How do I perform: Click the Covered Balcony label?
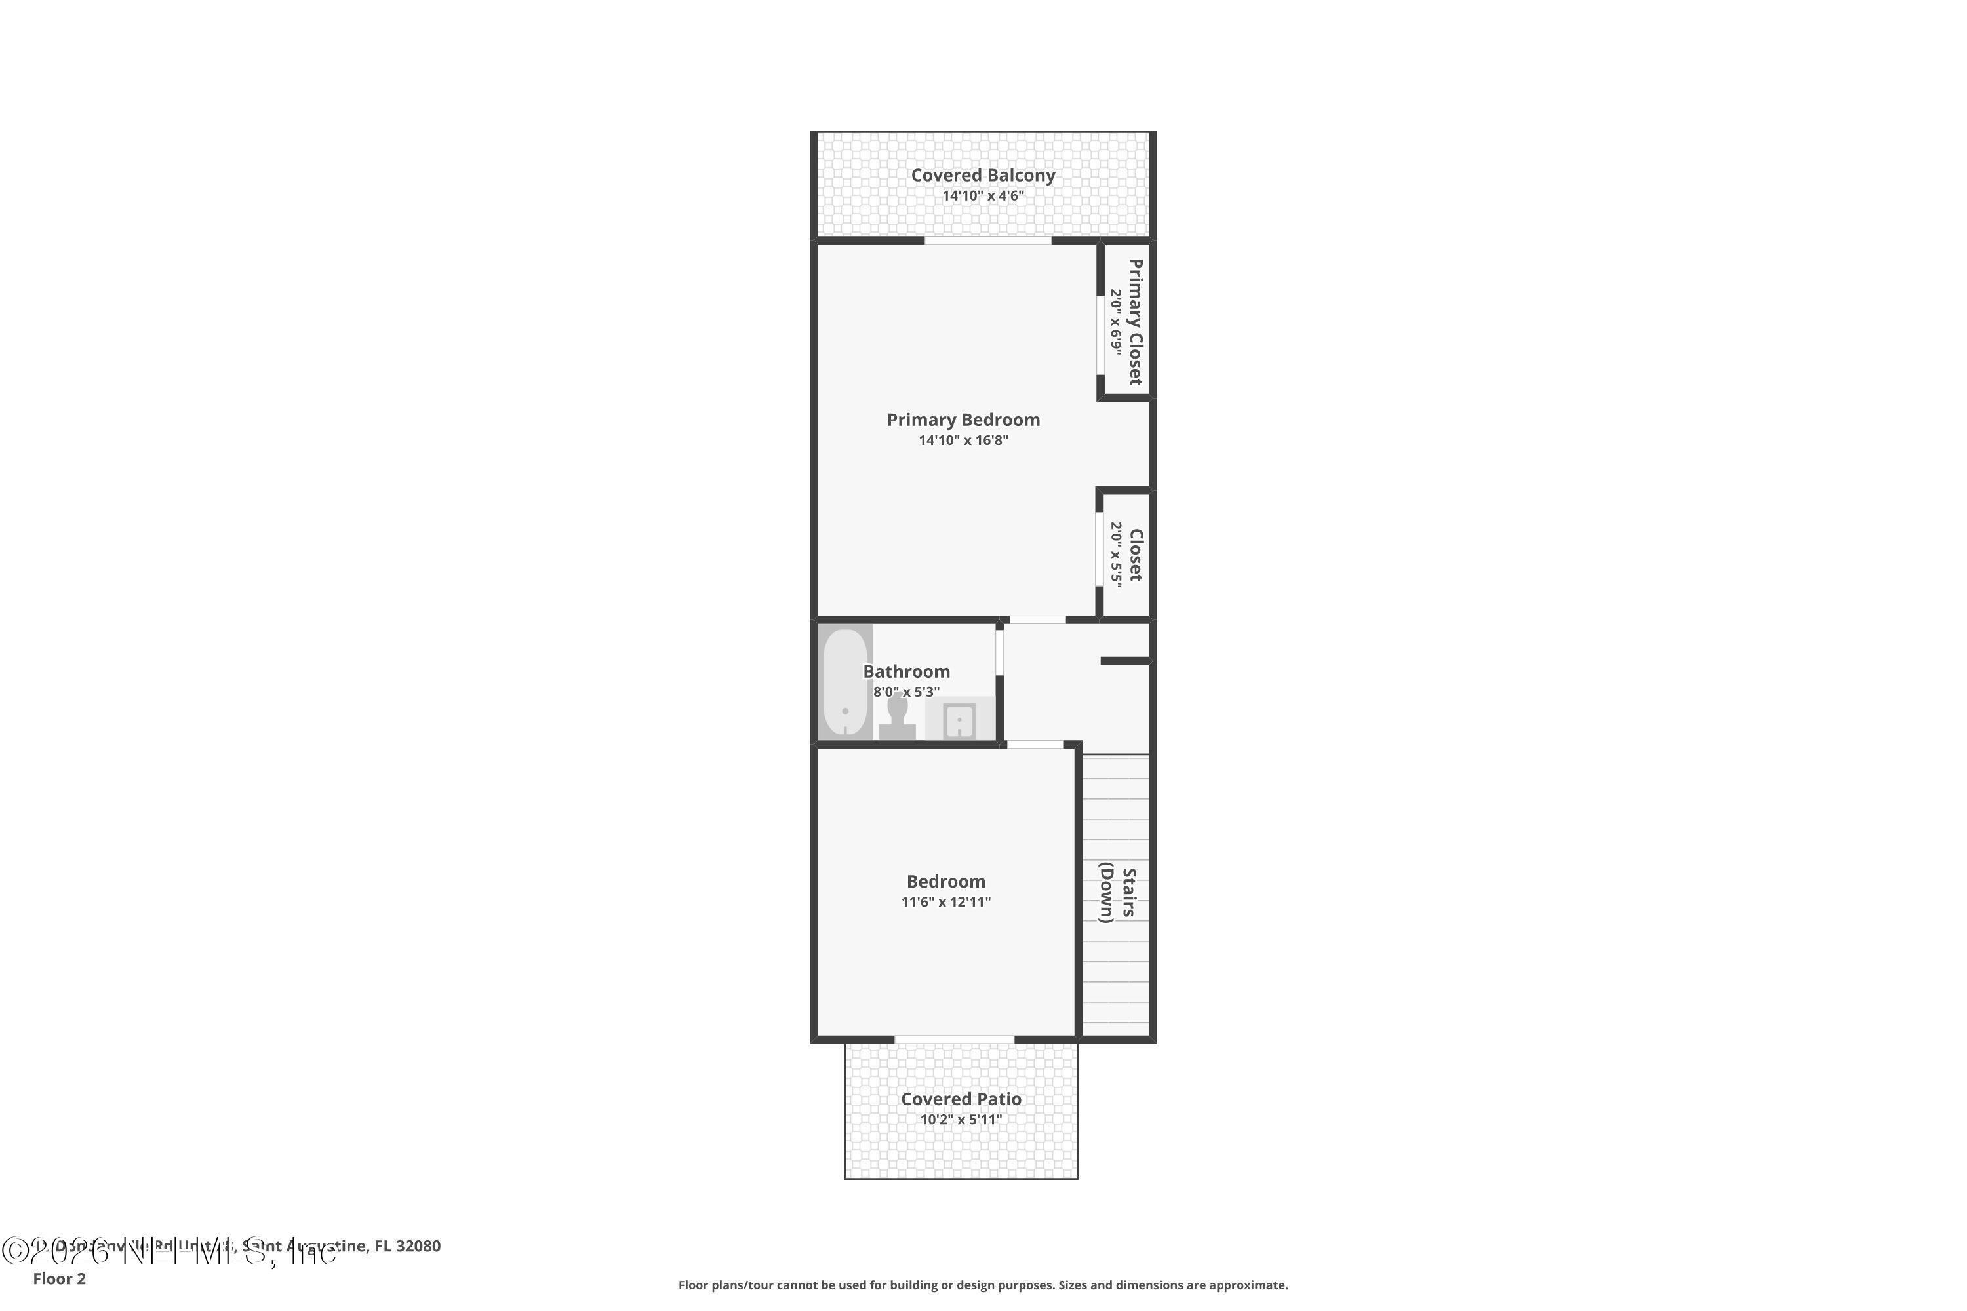point(983,176)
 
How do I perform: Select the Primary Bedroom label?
point(963,420)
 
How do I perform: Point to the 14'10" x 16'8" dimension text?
point(963,440)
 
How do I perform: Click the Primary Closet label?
point(1135,322)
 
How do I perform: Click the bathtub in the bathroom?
point(844,682)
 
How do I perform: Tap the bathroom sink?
point(959,720)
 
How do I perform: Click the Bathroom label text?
point(907,671)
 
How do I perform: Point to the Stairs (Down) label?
point(1118,893)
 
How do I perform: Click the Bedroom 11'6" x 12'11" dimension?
point(946,902)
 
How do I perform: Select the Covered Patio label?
point(961,1099)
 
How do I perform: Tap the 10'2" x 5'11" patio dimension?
point(961,1120)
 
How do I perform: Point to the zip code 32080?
point(418,1246)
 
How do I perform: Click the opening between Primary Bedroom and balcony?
point(987,241)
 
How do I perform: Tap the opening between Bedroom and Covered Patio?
point(954,1039)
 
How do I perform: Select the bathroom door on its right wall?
point(999,652)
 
